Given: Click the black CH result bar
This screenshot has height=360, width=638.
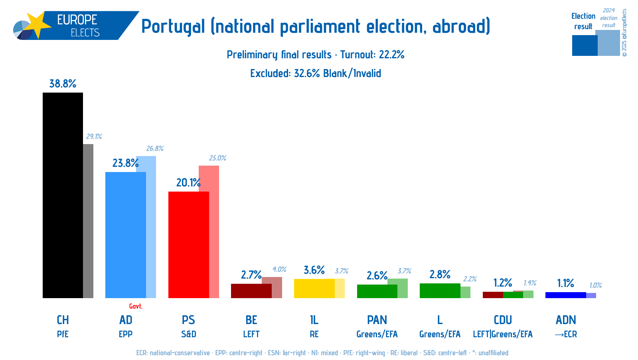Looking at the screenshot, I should pyautogui.click(x=63, y=196).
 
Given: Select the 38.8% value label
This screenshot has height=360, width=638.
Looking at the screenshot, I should pyautogui.click(x=63, y=83).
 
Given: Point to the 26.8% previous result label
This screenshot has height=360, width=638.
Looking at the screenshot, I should pyautogui.click(x=155, y=148).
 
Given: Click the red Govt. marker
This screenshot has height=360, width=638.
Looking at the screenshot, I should pyautogui.click(x=136, y=306).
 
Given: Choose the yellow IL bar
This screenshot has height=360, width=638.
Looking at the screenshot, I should pyautogui.click(x=314, y=288).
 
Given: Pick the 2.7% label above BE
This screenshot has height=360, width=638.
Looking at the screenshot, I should pyautogui.click(x=251, y=275).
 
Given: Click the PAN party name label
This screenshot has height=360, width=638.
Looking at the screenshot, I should pyautogui.click(x=377, y=320).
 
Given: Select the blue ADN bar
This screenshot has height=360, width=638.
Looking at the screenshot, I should pyautogui.click(x=565, y=295).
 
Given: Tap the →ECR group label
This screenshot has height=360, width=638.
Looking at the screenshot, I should pyautogui.click(x=566, y=334).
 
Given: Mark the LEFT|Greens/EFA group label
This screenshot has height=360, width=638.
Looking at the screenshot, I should pyautogui.click(x=502, y=334).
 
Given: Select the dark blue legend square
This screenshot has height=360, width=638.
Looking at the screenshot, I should pyautogui.click(x=585, y=45).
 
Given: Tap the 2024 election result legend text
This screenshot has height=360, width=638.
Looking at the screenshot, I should pyautogui.click(x=608, y=18).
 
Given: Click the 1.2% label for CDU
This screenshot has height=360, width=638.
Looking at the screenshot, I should pyautogui.click(x=502, y=283).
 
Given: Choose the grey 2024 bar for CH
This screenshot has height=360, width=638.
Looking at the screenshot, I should pyautogui.click(x=88, y=221).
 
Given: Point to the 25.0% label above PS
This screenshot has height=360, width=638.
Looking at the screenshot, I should pyautogui.click(x=217, y=158).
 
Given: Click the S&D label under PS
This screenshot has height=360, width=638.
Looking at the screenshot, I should pyautogui.click(x=188, y=334).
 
